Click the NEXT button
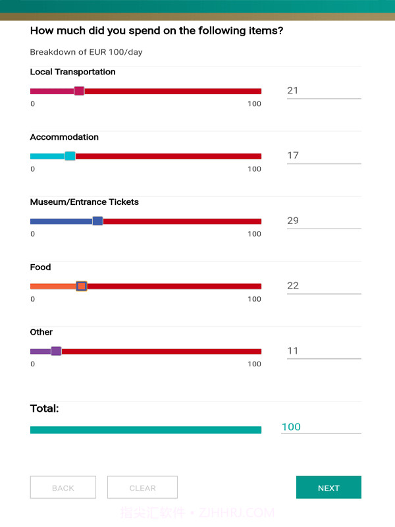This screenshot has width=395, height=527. pos(329,487)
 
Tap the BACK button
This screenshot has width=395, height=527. pos(63,487)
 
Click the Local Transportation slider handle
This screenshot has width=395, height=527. pos(79,91)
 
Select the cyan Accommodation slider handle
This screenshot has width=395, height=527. pos(70,156)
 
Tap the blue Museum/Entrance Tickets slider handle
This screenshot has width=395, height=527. pos(97,221)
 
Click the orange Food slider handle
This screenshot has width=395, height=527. pos(82,286)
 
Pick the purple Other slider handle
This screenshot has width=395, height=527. pos(56,351)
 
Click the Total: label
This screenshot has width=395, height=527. pos(45,408)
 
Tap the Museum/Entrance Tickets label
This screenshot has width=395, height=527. pos(84,202)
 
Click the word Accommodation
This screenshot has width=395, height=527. pos(65,137)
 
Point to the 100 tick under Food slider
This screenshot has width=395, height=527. pos(254,299)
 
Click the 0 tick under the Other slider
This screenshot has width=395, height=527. pos(33,364)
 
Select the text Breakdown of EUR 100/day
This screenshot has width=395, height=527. pos(86,52)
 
